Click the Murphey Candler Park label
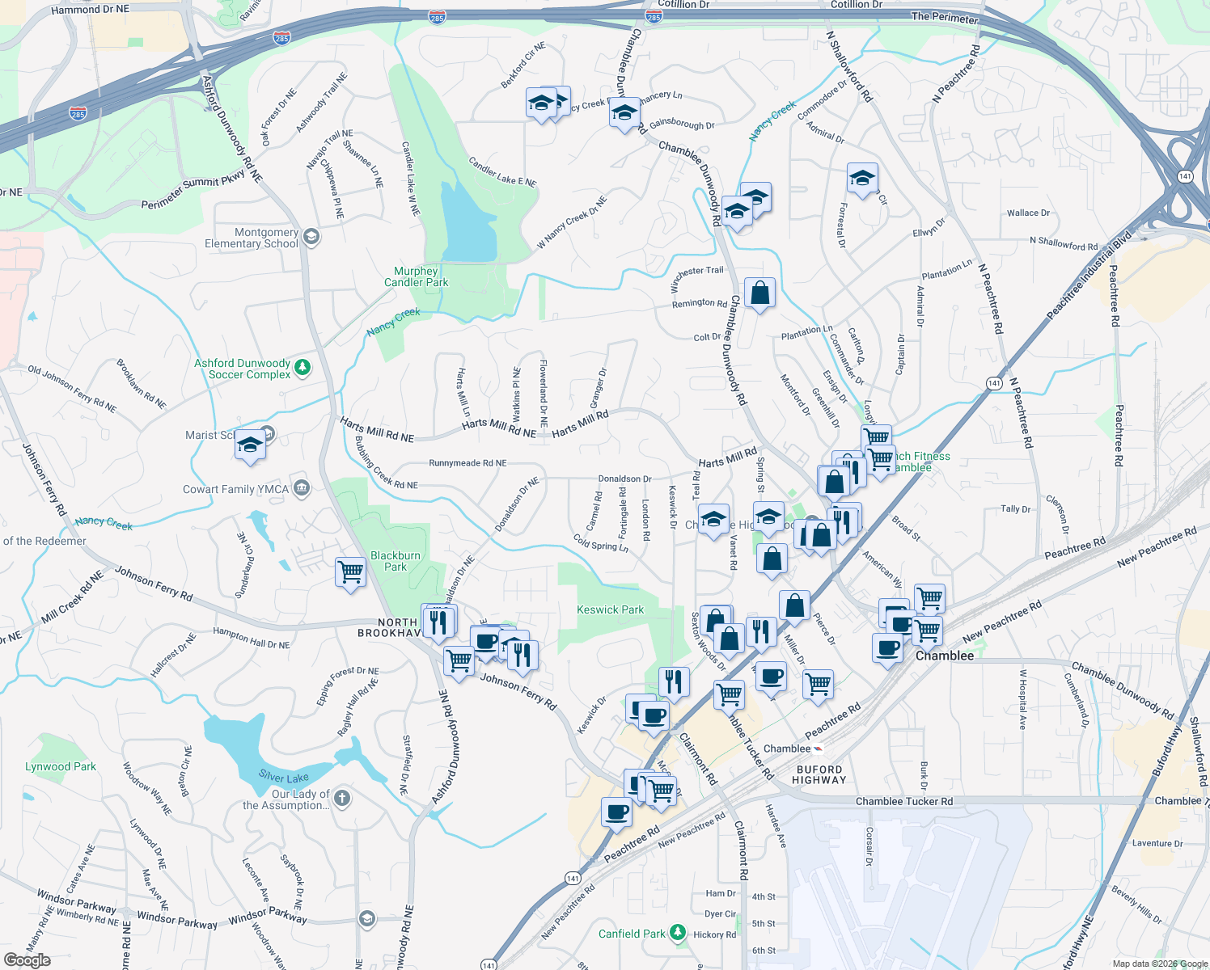click(x=416, y=276)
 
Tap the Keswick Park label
click(x=610, y=609)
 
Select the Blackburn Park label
click(x=395, y=561)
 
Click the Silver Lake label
click(x=283, y=777)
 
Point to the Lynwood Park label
click(x=60, y=766)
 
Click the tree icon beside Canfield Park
click(x=678, y=933)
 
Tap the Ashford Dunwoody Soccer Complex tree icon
click(x=302, y=368)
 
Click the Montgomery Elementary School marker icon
click(x=311, y=237)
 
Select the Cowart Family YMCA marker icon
click(x=302, y=487)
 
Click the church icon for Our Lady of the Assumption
click(x=342, y=799)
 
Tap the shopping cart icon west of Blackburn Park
click(x=351, y=571)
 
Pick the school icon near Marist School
click(x=250, y=445)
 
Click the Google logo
click(x=27, y=959)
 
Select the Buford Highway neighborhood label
click(x=819, y=774)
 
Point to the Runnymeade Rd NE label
click(x=467, y=463)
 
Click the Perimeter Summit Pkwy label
click(x=192, y=192)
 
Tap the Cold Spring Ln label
click(x=601, y=542)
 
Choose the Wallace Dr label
click(x=1028, y=213)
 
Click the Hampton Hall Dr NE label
click(x=251, y=638)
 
